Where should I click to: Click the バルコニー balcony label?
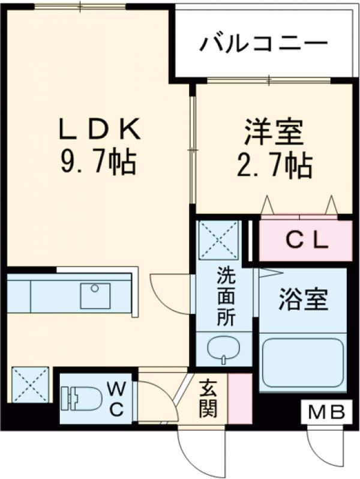264,43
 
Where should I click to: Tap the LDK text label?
100,128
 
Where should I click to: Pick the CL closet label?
306,241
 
